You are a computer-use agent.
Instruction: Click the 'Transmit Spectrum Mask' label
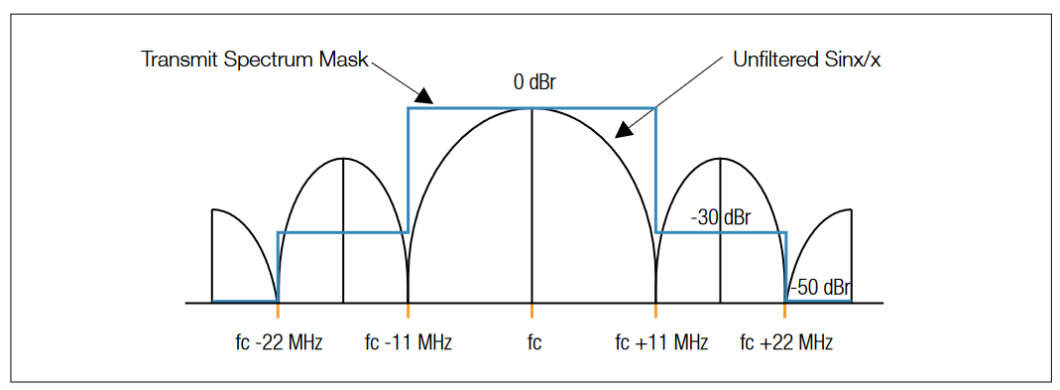pyautogui.click(x=255, y=60)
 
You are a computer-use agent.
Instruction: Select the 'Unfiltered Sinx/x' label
pyautogui.click(x=807, y=60)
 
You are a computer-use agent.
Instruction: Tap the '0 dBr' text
pyautogui.click(x=533, y=83)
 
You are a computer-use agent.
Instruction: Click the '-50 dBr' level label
pyautogui.click(x=820, y=288)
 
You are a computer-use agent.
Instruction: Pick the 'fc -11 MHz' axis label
pyautogui.click(x=408, y=343)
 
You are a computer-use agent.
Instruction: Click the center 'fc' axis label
pyautogui.click(x=533, y=343)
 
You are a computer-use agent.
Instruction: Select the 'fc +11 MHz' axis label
pyautogui.click(x=660, y=343)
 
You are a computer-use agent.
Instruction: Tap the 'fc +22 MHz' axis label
pyautogui.click(x=786, y=343)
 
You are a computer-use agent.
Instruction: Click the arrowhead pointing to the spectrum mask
pyautogui.click(x=424, y=97)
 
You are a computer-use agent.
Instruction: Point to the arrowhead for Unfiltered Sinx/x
pyautogui.click(x=624, y=131)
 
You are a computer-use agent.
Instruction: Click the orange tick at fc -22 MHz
pyautogui.click(x=278, y=311)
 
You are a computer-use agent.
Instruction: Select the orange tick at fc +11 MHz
pyautogui.click(x=655, y=311)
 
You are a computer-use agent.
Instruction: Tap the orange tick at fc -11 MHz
pyautogui.click(x=409, y=311)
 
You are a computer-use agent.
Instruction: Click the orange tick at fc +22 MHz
pyautogui.click(x=785, y=311)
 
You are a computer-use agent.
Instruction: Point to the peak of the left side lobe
pyautogui.click(x=342, y=158)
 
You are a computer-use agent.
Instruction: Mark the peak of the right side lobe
pyautogui.click(x=722, y=158)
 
